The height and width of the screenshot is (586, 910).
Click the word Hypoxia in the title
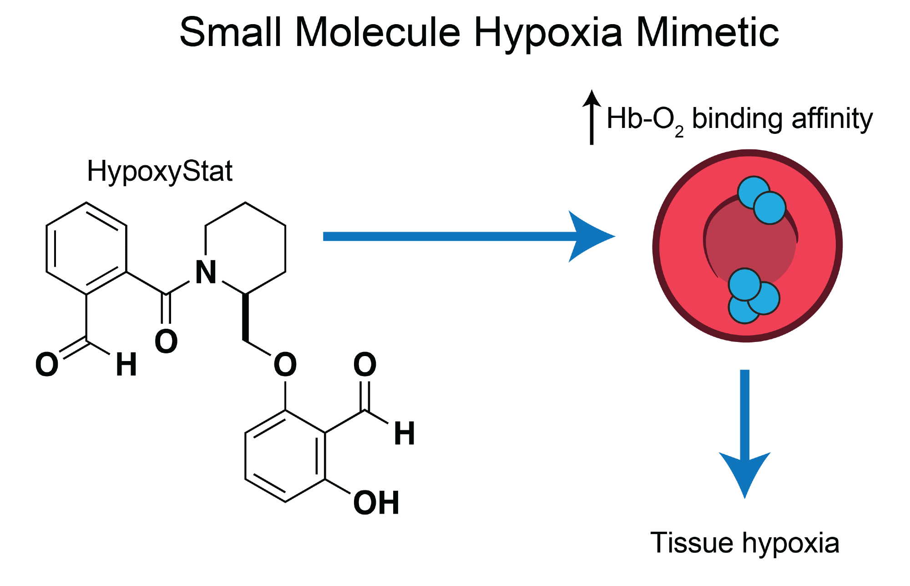click(548, 33)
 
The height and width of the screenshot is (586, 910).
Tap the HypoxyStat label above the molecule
click(160, 172)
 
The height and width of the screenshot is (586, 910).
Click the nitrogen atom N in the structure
click(206, 273)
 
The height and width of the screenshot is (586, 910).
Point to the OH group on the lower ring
click(376, 503)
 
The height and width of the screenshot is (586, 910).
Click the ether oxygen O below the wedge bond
click(285, 364)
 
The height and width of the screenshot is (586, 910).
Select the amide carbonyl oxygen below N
click(166, 341)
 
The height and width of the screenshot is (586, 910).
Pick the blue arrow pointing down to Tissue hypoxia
click(745, 433)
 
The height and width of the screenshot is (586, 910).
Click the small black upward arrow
click(591, 117)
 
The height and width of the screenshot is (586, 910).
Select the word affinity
click(832, 119)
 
